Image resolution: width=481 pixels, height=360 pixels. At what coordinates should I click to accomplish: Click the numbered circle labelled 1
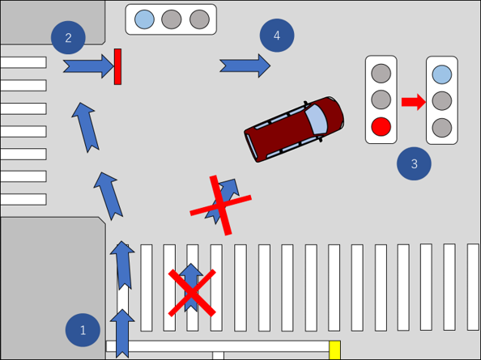83,330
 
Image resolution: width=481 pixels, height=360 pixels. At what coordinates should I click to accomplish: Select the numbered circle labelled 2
68,37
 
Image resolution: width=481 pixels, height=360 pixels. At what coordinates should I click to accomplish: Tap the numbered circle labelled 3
414,163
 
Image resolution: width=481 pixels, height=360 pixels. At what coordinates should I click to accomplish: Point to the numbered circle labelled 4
277,36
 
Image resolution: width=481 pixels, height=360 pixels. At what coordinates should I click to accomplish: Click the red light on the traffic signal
381,126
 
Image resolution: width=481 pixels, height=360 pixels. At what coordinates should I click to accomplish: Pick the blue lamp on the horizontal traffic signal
144,19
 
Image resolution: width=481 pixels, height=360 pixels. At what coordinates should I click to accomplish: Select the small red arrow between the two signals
414,102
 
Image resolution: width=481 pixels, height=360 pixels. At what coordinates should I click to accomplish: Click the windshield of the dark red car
317,119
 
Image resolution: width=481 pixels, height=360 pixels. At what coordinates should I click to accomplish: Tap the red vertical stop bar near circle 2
117,66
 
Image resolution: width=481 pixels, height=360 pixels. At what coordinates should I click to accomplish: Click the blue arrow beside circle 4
245,66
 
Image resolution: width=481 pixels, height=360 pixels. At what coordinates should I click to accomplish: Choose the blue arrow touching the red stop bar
88,66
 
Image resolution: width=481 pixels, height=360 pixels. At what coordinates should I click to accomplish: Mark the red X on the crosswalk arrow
192,293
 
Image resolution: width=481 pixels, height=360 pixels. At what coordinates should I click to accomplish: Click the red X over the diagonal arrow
220,205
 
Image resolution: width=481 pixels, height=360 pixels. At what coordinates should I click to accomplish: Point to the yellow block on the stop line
334,349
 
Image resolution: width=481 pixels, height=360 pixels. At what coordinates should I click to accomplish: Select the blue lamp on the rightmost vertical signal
442,74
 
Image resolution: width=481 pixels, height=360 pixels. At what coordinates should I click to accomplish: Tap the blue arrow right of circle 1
122,333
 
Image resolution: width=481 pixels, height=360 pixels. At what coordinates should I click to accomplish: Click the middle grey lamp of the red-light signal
381,100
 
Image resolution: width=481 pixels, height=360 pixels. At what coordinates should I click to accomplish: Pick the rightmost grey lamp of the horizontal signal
199,19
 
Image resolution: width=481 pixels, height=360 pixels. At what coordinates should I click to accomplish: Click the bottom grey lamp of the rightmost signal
442,128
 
